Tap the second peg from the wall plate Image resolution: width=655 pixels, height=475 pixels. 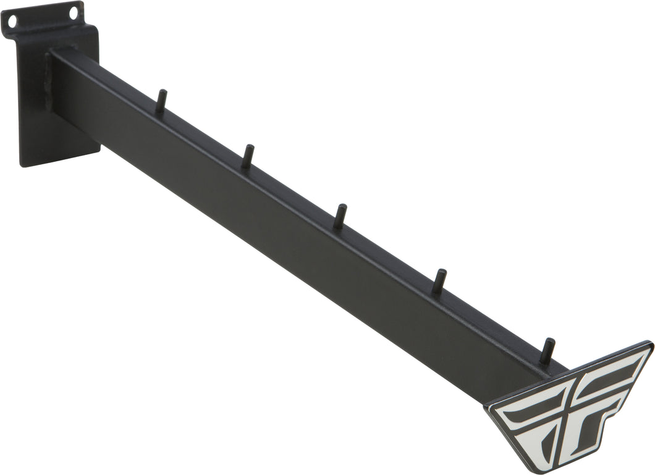tap(247, 156)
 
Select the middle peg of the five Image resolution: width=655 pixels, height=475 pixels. tap(339, 217)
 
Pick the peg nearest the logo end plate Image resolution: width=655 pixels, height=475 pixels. tap(546, 351)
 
